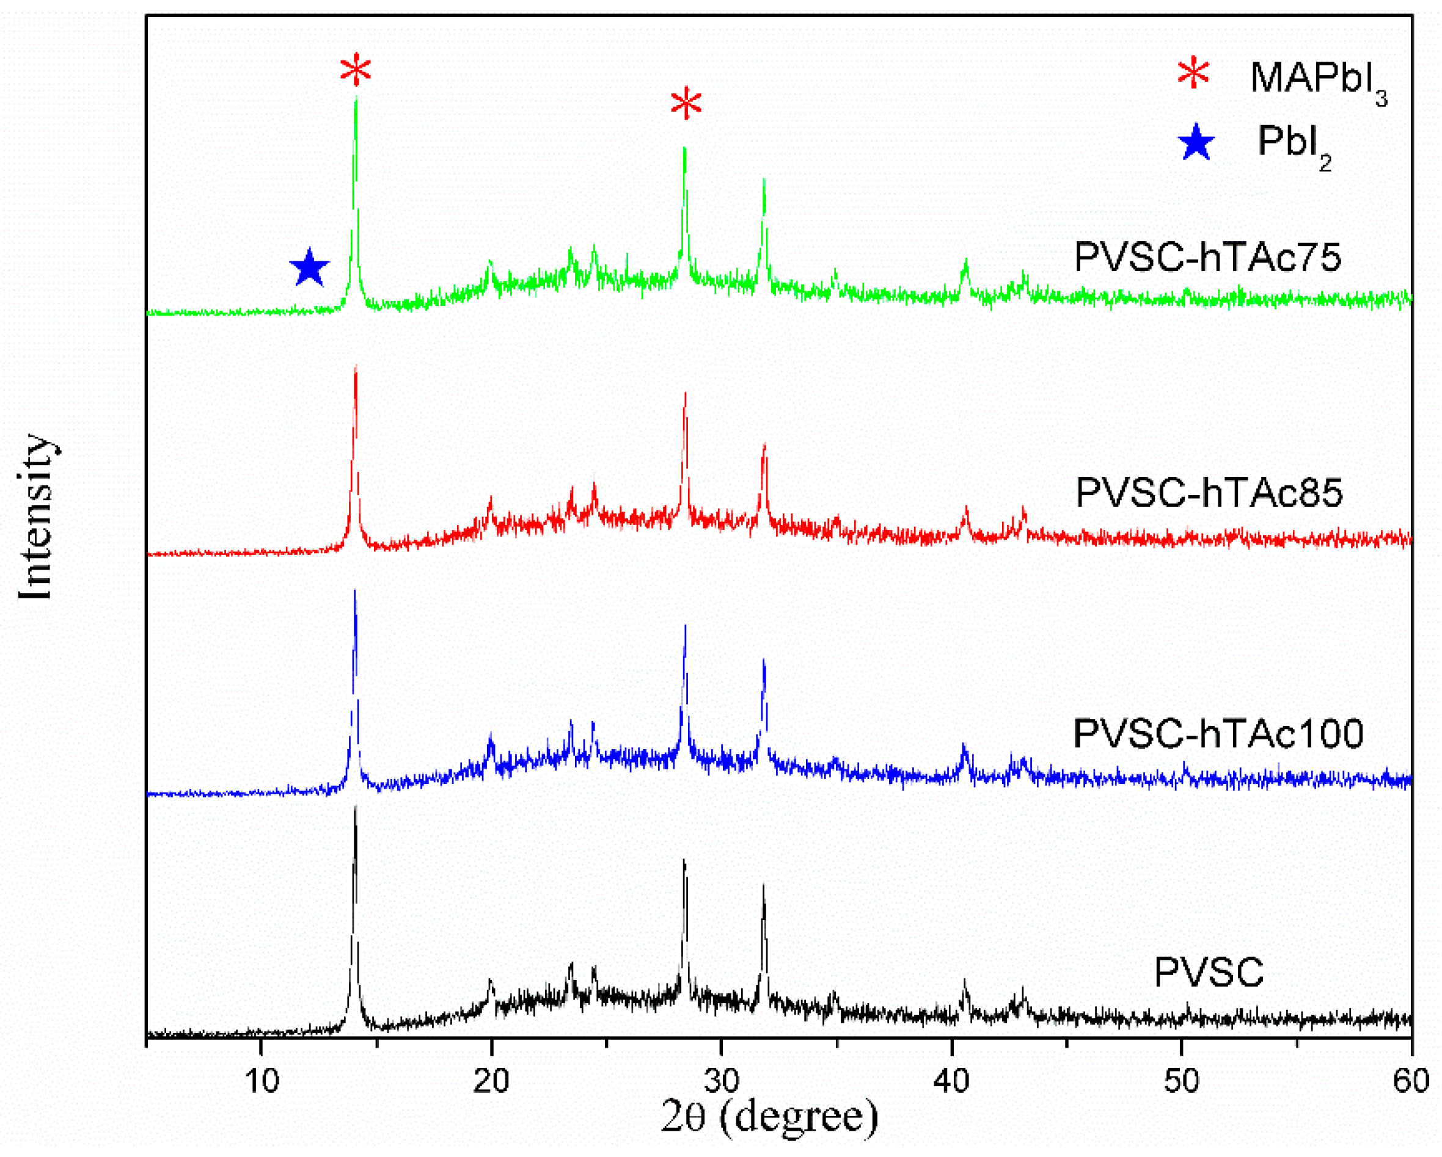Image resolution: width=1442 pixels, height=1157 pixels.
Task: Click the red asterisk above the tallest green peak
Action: tap(355, 69)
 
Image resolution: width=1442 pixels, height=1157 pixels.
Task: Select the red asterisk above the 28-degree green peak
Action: tap(686, 104)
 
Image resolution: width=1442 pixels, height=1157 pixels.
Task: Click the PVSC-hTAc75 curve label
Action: tap(1208, 256)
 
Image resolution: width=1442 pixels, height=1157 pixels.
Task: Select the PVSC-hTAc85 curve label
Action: tap(1209, 493)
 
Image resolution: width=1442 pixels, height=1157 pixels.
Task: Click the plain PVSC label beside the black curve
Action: tap(1209, 972)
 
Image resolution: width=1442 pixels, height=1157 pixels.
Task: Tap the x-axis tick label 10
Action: tap(262, 1080)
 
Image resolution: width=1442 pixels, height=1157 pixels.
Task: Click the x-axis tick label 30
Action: tap(721, 1080)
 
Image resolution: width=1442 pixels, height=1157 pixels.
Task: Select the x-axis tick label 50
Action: tap(1181, 1080)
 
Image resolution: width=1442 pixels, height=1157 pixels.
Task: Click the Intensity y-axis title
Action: tap(35, 518)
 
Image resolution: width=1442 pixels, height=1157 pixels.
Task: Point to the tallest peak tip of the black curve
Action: tap(355, 807)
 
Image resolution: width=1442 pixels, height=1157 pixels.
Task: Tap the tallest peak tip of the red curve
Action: tap(356, 366)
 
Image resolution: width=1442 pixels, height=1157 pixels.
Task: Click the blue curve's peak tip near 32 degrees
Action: tap(764, 661)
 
